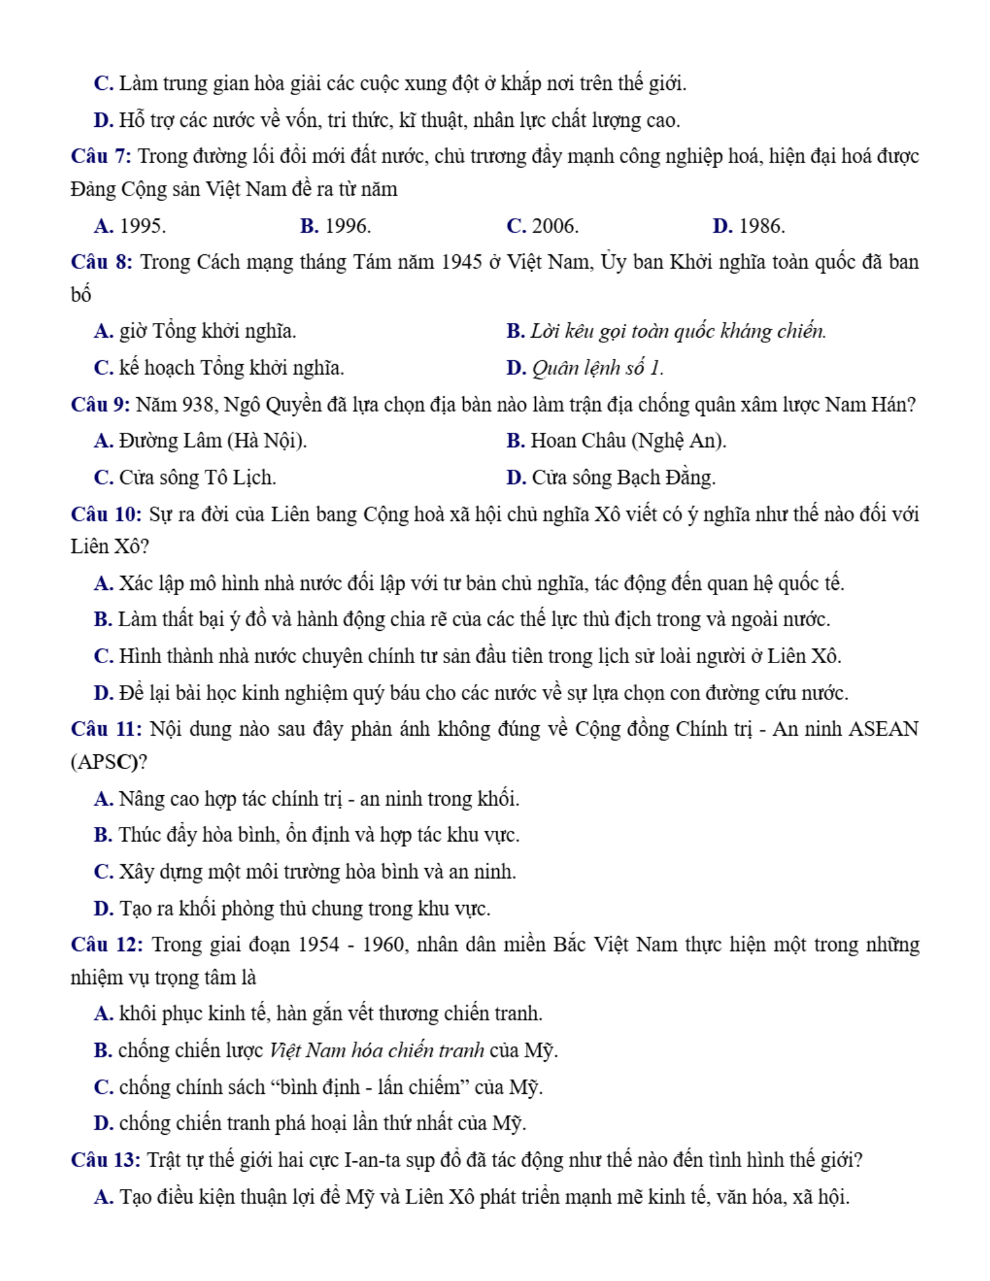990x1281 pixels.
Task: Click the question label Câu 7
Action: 101,157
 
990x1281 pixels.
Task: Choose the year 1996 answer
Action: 347,226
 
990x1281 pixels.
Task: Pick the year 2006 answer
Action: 555,226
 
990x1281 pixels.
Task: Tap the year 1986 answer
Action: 761,226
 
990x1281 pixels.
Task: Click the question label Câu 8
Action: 102,262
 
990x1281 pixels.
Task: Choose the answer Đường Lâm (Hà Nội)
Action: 213,441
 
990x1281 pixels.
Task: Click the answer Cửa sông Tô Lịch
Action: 197,477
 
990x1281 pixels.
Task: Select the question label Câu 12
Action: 107,945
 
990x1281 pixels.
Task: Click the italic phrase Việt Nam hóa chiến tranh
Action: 377,1050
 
